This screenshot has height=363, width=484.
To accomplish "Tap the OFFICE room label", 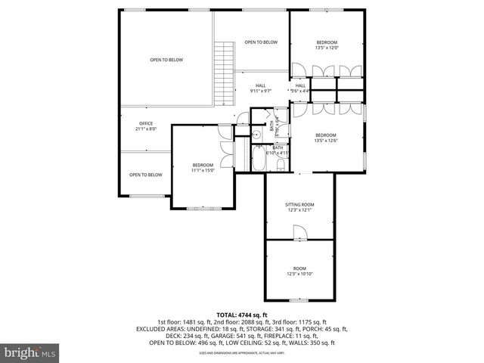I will pyautogui.click(x=146, y=123).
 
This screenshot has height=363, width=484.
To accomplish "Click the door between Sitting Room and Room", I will pyautogui.click(x=300, y=240).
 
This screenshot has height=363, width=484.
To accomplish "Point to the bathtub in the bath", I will pyautogui.click(x=259, y=160).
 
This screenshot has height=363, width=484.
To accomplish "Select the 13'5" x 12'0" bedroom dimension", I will pyautogui.click(x=327, y=48).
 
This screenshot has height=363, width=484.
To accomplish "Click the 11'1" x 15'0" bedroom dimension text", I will pyautogui.click(x=203, y=170).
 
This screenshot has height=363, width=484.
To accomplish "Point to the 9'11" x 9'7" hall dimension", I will pyautogui.click(x=261, y=91).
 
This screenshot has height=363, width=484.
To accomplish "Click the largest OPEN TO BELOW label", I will pyautogui.click(x=166, y=60).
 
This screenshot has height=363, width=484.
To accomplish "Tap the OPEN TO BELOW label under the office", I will pyautogui.click(x=146, y=175).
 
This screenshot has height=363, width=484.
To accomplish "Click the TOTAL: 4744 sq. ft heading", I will pyautogui.click(x=242, y=314).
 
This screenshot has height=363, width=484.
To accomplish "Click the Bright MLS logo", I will pyautogui.click(x=30, y=352).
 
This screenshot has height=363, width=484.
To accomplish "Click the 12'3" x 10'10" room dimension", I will pyautogui.click(x=299, y=273).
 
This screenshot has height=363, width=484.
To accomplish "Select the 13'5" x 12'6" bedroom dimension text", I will pyautogui.click(x=327, y=140).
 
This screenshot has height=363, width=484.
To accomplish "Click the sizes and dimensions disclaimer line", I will pyautogui.click(x=242, y=352).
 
